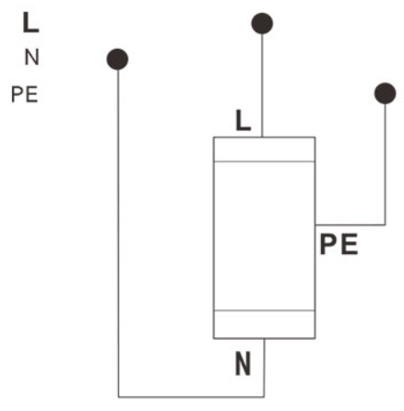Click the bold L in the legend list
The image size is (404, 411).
(x=30, y=22)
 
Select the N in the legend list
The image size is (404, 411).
(x=32, y=57)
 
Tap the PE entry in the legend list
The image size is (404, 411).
(x=25, y=94)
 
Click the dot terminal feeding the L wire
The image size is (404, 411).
(x=262, y=23)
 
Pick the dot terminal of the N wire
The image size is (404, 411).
(x=117, y=59)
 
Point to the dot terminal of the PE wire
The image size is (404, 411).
(x=385, y=93)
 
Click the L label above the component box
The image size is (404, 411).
(x=244, y=121)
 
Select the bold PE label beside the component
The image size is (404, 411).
(x=339, y=245)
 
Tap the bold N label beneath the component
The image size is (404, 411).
(x=243, y=364)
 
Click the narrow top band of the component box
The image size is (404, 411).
(x=264, y=150)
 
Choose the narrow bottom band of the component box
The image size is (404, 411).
(x=264, y=324)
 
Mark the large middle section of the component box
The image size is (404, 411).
(x=264, y=236)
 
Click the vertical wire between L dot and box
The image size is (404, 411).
(x=262, y=85)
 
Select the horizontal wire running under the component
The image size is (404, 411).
(x=191, y=396)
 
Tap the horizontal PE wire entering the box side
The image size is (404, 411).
(x=351, y=224)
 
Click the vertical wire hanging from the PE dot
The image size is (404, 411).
(x=385, y=164)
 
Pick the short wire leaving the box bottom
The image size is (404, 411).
(x=264, y=368)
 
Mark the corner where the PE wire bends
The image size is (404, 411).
(x=385, y=224)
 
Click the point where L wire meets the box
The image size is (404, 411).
(x=262, y=137)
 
